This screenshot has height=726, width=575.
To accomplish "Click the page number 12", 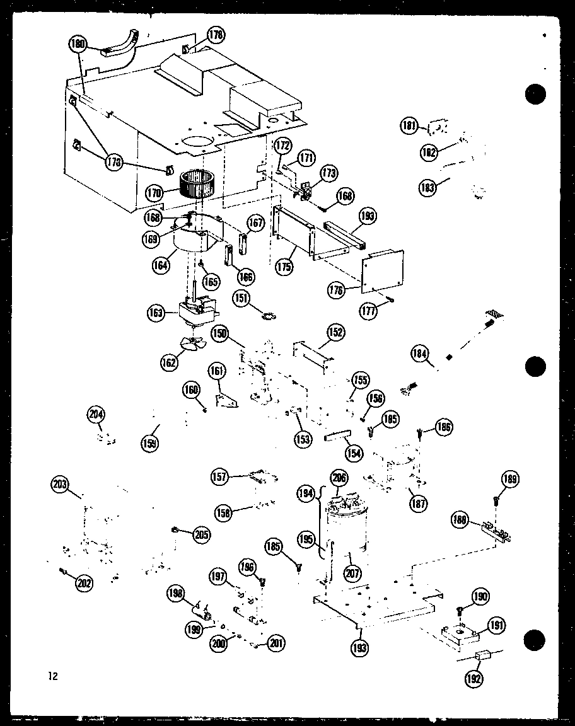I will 52,676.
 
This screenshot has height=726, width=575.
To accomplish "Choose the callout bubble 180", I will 78,44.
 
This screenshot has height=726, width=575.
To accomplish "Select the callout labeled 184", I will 421,353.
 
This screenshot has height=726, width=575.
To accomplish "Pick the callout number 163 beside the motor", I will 156,311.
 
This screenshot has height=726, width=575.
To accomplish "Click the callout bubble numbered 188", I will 462,520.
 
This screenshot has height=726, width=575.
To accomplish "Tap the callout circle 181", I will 410,127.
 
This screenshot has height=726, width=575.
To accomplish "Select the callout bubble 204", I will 96,414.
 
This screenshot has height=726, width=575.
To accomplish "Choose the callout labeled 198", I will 177,593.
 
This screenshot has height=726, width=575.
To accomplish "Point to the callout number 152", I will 336,332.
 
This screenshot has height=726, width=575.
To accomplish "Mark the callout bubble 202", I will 84,584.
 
